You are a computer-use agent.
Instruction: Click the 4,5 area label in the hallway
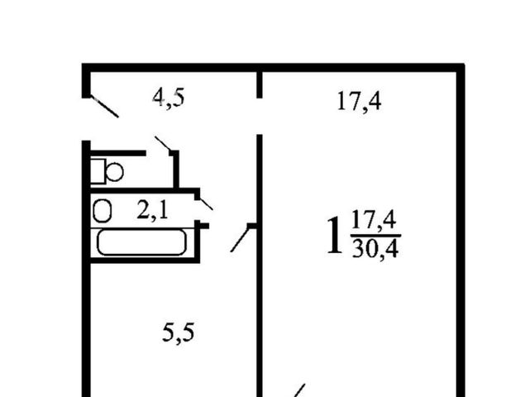click(168, 98)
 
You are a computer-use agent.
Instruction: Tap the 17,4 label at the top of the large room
click(359, 101)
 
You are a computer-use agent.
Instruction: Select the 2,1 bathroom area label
click(152, 211)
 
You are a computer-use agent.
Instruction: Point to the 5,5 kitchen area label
click(178, 332)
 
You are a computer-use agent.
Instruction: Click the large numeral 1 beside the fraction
click(335, 235)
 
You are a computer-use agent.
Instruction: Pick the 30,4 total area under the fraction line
click(375, 249)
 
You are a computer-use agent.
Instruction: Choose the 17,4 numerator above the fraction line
click(374, 220)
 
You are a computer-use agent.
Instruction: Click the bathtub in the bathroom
click(141, 242)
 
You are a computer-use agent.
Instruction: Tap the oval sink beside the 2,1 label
click(103, 211)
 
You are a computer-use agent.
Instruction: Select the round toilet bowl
click(115, 171)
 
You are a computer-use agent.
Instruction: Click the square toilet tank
click(98, 171)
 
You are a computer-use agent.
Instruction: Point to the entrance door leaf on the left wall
click(104, 107)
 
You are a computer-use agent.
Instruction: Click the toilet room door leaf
click(163, 143)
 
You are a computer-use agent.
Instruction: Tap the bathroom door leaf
click(206, 203)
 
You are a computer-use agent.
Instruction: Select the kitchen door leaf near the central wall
click(240, 239)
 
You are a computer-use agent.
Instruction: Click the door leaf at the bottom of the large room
click(299, 390)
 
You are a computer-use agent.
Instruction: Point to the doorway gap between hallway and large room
click(259, 117)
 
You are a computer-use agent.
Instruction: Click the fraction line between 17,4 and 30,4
click(375, 236)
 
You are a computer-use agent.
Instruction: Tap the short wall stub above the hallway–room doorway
click(259, 84)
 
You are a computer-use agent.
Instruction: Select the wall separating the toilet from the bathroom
click(143, 190)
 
